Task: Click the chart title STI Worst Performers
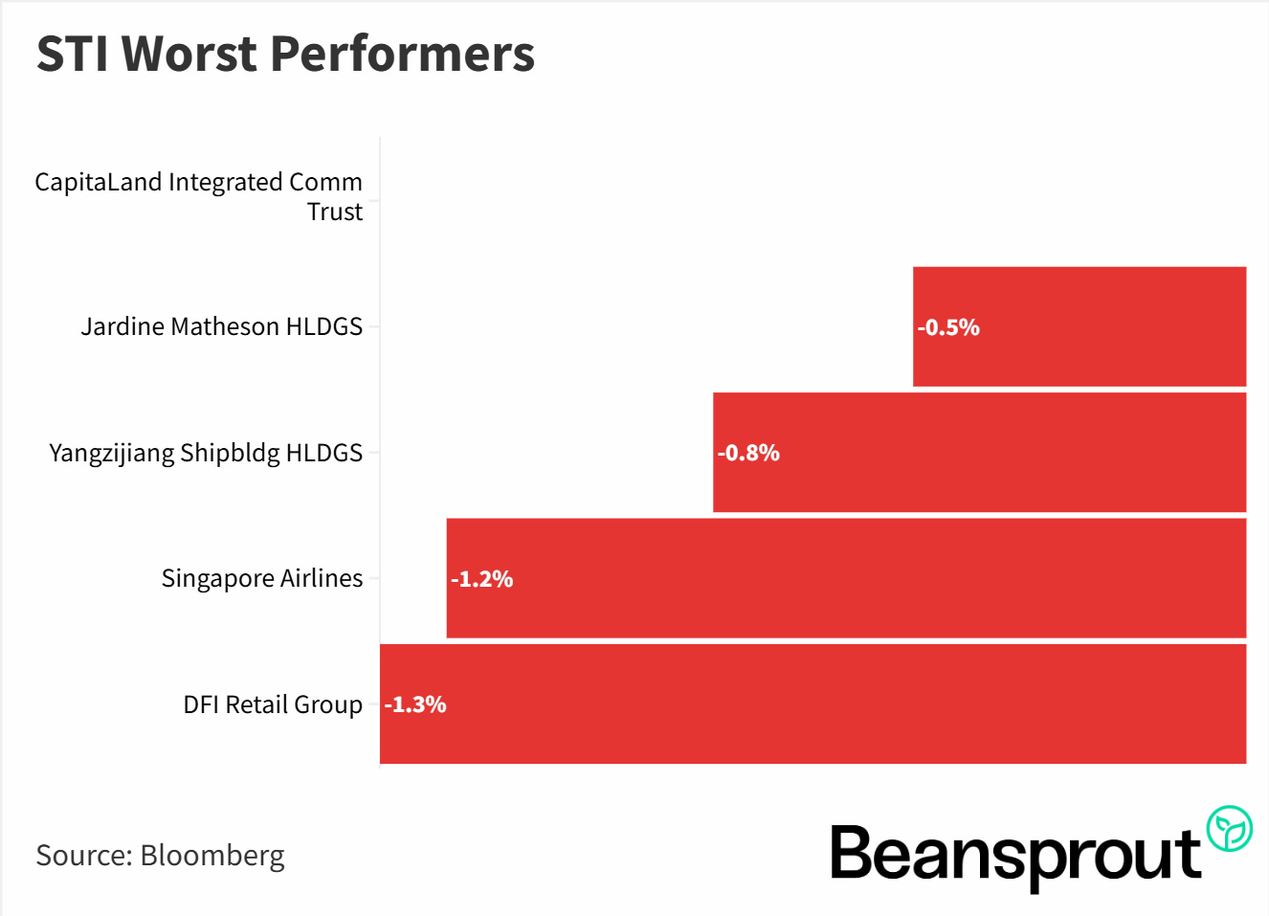285,54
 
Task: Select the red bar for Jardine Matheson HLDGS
1080,326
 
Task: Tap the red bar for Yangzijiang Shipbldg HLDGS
979,453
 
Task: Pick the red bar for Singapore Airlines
846,578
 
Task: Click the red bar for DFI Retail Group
813,704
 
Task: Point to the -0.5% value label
948,327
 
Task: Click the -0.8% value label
748,453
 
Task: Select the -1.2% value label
482,579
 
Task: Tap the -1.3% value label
415,704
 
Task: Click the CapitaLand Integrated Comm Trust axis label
199,196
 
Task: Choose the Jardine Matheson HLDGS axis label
222,326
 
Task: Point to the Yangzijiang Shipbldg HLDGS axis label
206,453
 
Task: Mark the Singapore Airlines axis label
262,578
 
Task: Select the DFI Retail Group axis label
273,704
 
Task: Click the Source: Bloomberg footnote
160,855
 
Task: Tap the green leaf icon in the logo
1229,829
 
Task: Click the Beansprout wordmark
1014,854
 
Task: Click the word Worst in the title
194,54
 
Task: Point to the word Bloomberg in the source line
212,855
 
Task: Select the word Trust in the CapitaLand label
335,212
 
